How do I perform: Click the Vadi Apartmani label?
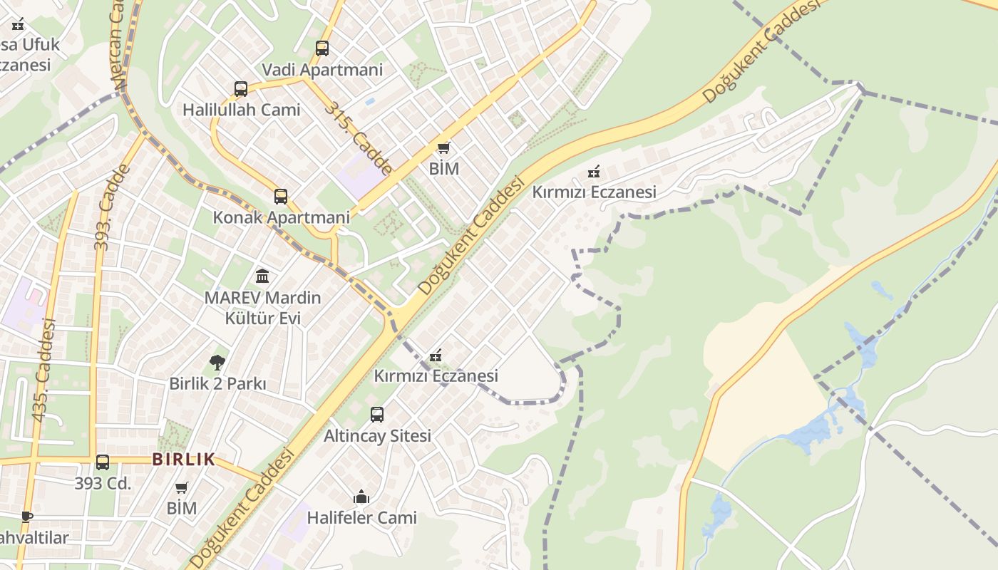click(x=322, y=70)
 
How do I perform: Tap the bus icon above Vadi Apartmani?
click(x=322, y=48)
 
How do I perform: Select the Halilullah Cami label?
click(x=241, y=110)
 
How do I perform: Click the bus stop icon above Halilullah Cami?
click(x=241, y=89)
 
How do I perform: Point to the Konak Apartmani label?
click(x=281, y=217)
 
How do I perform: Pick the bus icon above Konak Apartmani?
click(x=281, y=197)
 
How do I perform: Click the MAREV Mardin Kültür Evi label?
click(x=262, y=308)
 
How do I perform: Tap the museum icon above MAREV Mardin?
click(x=262, y=276)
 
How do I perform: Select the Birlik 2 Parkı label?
click(x=217, y=383)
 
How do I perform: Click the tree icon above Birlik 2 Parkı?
click(x=217, y=363)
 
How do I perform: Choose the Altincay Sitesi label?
click(x=377, y=435)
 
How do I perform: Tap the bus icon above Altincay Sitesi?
click(x=377, y=414)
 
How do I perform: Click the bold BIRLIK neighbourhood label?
click(x=183, y=460)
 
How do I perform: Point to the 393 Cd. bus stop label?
click(x=103, y=483)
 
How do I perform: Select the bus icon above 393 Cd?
click(x=103, y=462)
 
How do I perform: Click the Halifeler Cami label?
click(x=361, y=518)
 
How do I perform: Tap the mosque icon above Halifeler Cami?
click(x=361, y=497)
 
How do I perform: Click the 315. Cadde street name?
click(x=358, y=138)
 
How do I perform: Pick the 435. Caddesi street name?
click(x=43, y=369)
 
